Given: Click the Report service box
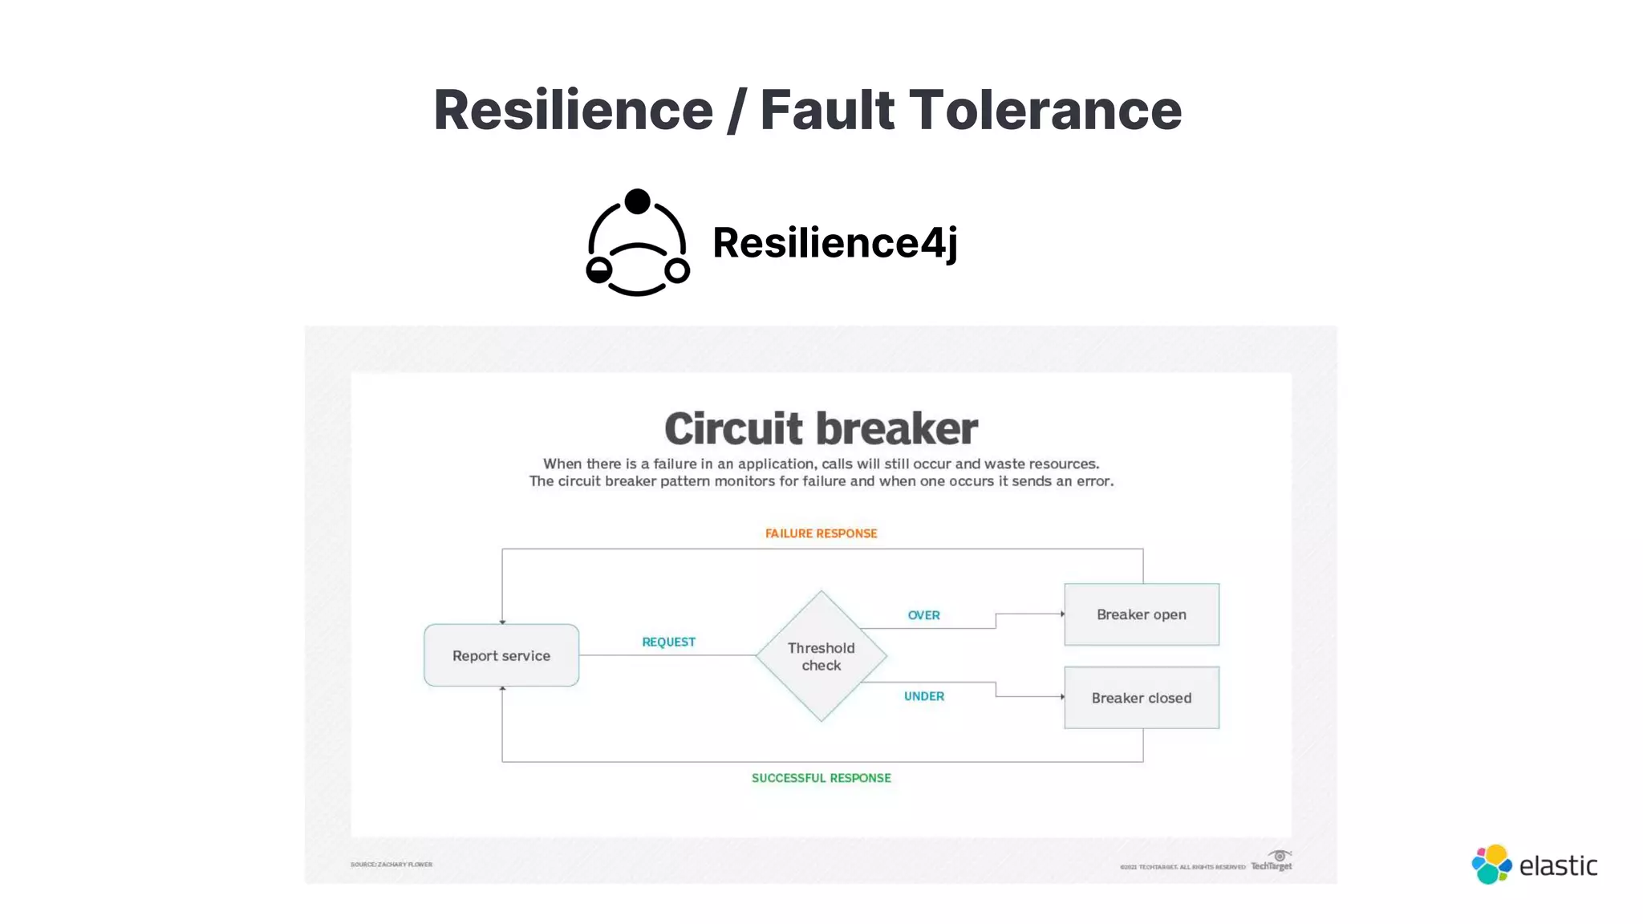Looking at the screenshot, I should tap(501, 655).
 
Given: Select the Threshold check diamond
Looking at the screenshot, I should tap(821, 656).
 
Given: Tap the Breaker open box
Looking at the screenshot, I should tap(1141, 614).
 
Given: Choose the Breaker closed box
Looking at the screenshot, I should tap(1141, 698).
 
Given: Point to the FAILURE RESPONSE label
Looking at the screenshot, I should tap(821, 533).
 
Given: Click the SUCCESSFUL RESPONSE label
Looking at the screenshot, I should tap(821, 778).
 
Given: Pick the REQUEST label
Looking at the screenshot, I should tap(668, 642).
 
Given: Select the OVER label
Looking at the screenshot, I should tap(923, 615).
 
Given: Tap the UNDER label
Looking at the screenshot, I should tap(923, 696).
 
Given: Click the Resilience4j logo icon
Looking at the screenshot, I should tap(638, 242).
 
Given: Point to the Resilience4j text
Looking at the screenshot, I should tap(834, 243).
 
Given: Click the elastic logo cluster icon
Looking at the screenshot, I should tap(1491, 865).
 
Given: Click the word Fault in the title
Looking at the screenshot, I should tap(826, 110).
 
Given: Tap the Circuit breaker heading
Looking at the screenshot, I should tap(821, 428).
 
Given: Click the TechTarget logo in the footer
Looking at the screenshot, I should tap(1272, 861).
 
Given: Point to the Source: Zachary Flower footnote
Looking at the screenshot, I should tap(391, 865).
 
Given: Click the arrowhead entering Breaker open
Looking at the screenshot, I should tap(1061, 614).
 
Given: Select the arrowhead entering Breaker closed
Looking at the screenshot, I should tap(1061, 697).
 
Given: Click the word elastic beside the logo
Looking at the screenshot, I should tap(1558, 866).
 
